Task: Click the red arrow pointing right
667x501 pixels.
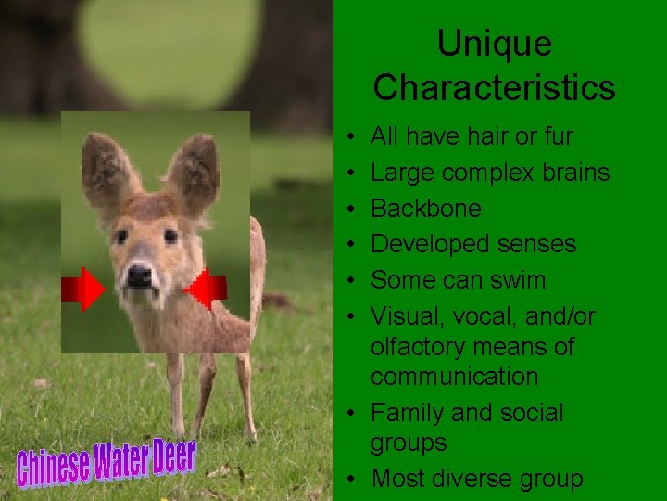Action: point(83,289)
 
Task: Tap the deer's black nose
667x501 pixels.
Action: point(139,275)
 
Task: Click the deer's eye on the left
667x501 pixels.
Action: point(121,237)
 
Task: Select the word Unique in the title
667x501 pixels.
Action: point(494,44)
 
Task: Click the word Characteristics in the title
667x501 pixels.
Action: point(494,87)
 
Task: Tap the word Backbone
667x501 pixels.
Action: point(425,208)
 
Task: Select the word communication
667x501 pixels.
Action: point(454,376)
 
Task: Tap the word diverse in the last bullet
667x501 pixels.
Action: point(473,479)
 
